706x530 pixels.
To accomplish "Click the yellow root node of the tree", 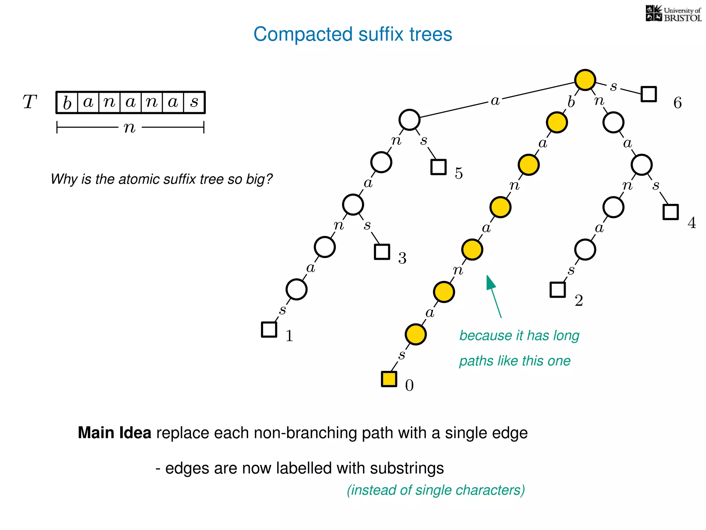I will (x=585, y=80).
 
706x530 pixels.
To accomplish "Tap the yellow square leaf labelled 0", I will (x=389, y=379).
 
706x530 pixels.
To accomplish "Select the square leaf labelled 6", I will (x=648, y=94).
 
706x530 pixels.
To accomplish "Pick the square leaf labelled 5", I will (x=438, y=167).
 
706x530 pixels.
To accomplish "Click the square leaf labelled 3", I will (x=382, y=252).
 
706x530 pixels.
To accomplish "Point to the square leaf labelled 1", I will (x=269, y=329).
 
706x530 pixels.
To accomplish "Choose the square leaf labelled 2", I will (x=557, y=289).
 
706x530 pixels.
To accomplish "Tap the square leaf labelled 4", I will (x=670, y=212).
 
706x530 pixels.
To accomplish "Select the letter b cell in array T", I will (x=67, y=102).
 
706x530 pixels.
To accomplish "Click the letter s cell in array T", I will (x=194, y=102).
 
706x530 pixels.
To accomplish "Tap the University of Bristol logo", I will (x=673, y=14).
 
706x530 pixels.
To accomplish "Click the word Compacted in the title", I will (x=303, y=35).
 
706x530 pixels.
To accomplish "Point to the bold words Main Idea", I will (x=114, y=433).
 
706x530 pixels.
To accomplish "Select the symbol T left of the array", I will (x=30, y=102).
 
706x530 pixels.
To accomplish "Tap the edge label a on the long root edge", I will (x=495, y=101).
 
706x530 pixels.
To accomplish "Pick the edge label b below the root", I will (x=571, y=102).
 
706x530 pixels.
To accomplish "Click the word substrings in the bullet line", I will (x=407, y=468).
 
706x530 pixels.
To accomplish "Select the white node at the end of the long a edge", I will (x=409, y=120).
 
